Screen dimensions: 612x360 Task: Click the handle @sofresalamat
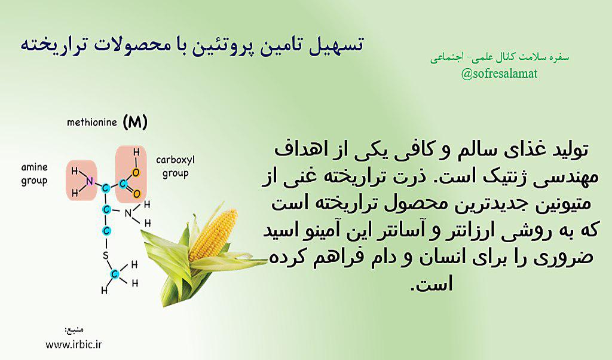point(499,74)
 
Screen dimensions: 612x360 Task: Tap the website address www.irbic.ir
point(74,344)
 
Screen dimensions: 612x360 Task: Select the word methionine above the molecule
point(91,122)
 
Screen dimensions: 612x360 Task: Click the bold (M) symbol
point(135,123)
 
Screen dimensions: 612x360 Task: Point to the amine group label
point(34,174)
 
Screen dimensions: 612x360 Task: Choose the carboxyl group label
point(175,167)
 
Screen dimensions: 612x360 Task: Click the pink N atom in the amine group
point(90,182)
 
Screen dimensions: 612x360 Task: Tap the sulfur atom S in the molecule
point(105,256)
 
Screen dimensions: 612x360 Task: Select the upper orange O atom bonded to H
point(136,172)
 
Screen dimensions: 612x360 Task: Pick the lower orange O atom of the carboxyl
point(136,194)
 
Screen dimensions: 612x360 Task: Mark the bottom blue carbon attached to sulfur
point(114,274)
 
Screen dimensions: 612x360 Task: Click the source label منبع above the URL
point(74,330)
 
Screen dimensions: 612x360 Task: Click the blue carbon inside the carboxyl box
point(123,184)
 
